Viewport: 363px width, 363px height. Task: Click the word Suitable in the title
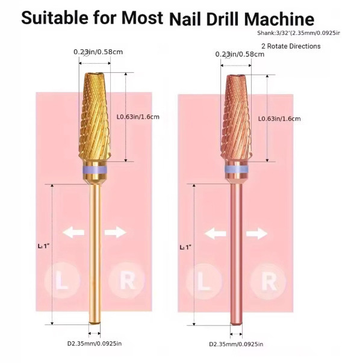56,17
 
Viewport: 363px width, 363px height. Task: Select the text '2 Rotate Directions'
291,46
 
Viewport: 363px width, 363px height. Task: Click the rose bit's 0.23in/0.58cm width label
239,55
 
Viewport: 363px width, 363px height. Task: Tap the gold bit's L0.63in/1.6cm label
139,117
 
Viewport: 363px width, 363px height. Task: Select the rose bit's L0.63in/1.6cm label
281,119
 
